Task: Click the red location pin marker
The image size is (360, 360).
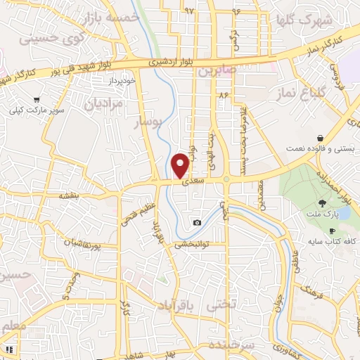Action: coord(181,165)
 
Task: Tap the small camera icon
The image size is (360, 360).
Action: coord(196,223)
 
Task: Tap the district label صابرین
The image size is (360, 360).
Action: coord(214,72)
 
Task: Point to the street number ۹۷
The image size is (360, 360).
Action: coord(188,11)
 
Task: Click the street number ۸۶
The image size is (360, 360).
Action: coord(224,94)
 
